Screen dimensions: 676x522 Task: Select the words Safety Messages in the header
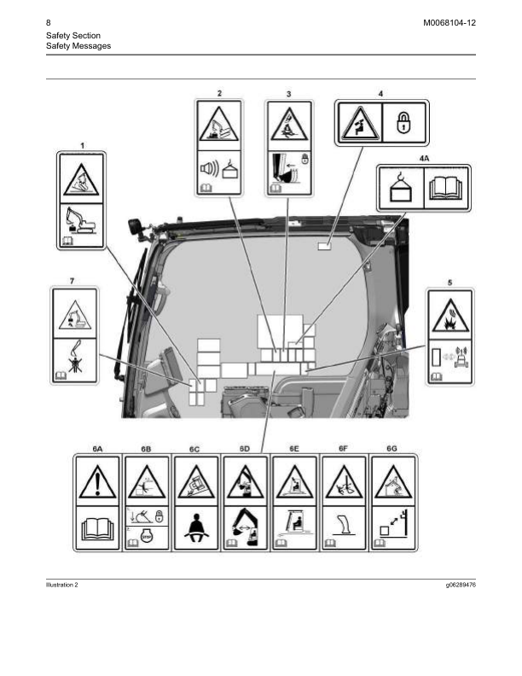coord(78,45)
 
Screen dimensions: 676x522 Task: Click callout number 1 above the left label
coord(83,146)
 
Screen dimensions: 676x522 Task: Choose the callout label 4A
coord(424,158)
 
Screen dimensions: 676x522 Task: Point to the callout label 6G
coord(391,448)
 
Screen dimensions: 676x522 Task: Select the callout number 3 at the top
coord(289,92)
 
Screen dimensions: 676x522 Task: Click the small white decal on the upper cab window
coord(325,246)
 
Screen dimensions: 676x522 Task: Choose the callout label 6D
coord(245,448)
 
